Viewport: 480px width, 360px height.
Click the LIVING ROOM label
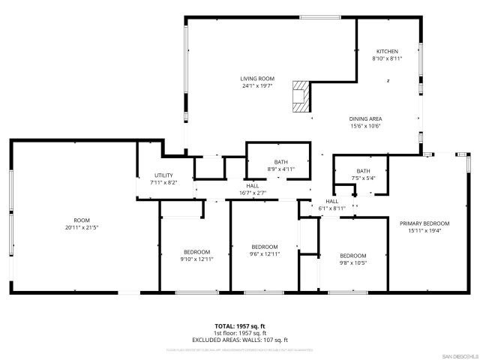(257, 79)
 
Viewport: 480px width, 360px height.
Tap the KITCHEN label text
(387, 51)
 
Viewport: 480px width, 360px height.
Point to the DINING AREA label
(365, 118)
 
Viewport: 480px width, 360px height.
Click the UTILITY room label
(163, 175)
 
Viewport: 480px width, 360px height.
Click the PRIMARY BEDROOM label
(424, 223)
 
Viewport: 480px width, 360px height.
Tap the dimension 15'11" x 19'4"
(424, 230)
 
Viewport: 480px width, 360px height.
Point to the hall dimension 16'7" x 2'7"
(253, 193)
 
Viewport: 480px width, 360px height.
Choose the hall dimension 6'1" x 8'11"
(332, 208)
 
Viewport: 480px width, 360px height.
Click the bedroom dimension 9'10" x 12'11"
(196, 259)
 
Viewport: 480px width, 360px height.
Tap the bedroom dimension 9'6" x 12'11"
(265, 254)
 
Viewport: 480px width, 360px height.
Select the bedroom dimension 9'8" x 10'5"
(352, 262)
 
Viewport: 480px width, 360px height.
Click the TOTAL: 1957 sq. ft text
(240, 325)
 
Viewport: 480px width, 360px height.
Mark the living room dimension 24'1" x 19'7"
(257, 85)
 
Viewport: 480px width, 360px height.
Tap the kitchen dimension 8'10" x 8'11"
(387, 58)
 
